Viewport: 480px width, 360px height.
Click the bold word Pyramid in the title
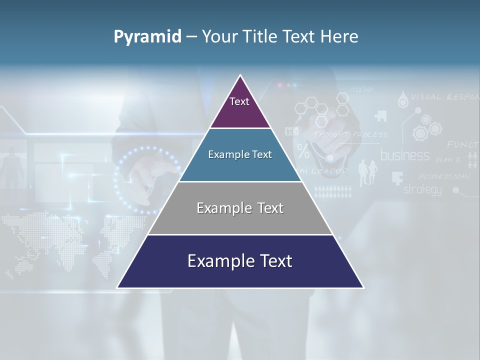coord(147,36)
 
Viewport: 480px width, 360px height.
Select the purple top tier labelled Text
coord(240,107)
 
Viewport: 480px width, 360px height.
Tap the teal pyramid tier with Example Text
coord(240,155)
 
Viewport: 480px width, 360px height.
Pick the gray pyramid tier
coord(240,208)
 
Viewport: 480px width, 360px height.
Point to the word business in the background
coord(404,155)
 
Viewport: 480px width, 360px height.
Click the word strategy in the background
coord(422,189)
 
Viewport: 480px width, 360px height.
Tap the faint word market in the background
coord(361,89)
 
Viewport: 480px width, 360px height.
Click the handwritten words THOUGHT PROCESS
coord(350,134)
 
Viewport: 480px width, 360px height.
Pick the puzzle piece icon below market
coord(380,115)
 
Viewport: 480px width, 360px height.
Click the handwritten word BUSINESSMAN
coord(443,176)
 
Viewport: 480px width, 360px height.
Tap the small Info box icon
coord(291,131)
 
